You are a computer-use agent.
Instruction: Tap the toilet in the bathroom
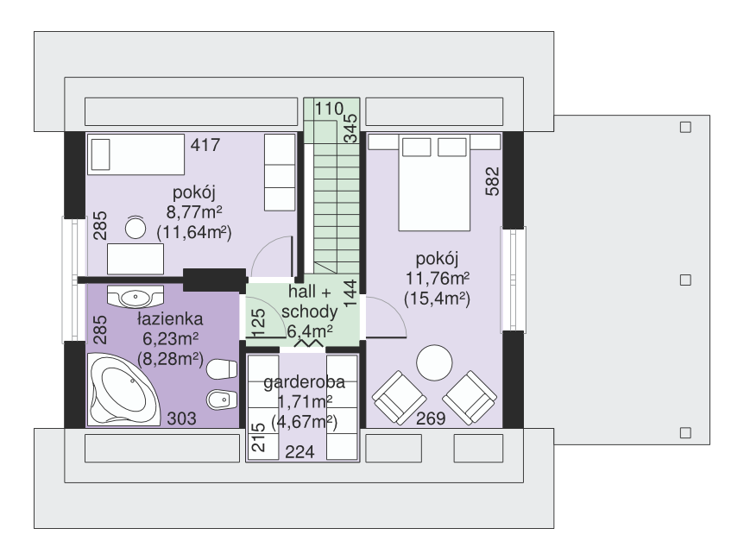(x=222, y=369)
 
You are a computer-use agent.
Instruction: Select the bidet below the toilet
(x=222, y=400)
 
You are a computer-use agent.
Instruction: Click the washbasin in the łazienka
(x=136, y=297)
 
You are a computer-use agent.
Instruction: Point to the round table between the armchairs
(x=434, y=362)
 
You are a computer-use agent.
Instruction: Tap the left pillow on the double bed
(x=416, y=147)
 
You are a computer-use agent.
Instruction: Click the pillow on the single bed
(x=101, y=154)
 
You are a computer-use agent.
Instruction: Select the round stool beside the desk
(x=136, y=228)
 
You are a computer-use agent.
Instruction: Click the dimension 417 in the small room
(x=205, y=145)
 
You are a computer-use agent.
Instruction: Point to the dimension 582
(x=493, y=181)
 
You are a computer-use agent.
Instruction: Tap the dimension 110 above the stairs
(x=330, y=109)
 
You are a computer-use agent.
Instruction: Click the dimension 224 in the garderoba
(x=299, y=452)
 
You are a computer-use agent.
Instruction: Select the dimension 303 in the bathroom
(x=182, y=418)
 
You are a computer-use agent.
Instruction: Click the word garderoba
(x=304, y=381)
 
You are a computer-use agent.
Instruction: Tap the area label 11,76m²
(x=438, y=279)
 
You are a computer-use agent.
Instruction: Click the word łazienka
(x=170, y=319)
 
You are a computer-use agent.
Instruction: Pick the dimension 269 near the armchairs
(x=432, y=418)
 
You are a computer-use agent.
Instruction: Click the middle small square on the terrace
(x=685, y=280)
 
